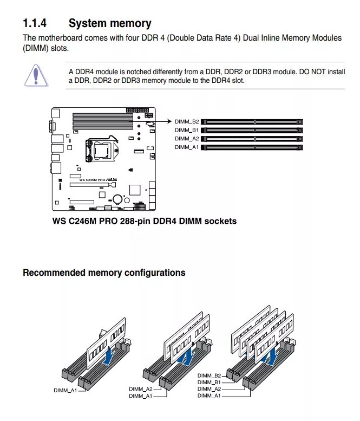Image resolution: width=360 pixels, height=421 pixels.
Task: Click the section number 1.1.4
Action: pyautogui.click(x=35, y=23)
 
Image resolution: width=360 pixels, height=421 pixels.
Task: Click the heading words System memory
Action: pyautogui.click(x=110, y=23)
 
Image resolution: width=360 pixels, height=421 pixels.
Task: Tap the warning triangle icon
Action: pyautogui.click(x=36, y=75)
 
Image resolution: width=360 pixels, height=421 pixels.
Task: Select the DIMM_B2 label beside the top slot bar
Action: pyautogui.click(x=187, y=121)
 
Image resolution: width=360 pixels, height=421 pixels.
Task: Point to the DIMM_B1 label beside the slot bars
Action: pyautogui.click(x=187, y=130)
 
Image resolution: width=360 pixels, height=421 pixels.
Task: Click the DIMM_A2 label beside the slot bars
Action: pyautogui.click(x=187, y=139)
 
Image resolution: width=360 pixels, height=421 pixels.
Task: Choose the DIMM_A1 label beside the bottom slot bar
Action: pyautogui.click(x=187, y=147)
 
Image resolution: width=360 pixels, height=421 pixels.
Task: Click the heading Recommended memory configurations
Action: pyautogui.click(x=104, y=273)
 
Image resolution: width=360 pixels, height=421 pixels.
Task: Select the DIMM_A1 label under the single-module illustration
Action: pyautogui.click(x=65, y=390)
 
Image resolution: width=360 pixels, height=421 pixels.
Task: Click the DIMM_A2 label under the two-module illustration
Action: pyautogui.click(x=141, y=389)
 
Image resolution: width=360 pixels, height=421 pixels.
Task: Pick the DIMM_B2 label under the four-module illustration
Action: pyautogui.click(x=209, y=375)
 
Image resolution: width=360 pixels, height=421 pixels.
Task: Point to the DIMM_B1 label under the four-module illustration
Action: pyautogui.click(x=209, y=383)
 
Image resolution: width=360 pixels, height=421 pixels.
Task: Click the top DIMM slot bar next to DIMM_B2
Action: pyautogui.click(x=255, y=122)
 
